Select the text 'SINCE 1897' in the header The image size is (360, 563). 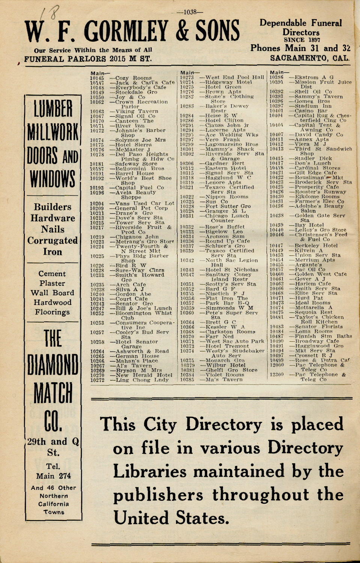coord(302,40)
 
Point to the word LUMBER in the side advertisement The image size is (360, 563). coord(53,109)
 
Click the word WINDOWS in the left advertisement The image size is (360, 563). coord(53,178)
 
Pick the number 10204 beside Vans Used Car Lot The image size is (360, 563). coord(97,203)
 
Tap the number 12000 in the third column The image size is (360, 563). coord(277,365)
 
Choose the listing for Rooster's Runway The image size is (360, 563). coord(320,192)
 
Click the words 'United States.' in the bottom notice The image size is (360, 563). coord(171,518)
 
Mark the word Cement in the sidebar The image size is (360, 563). coord(52,274)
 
